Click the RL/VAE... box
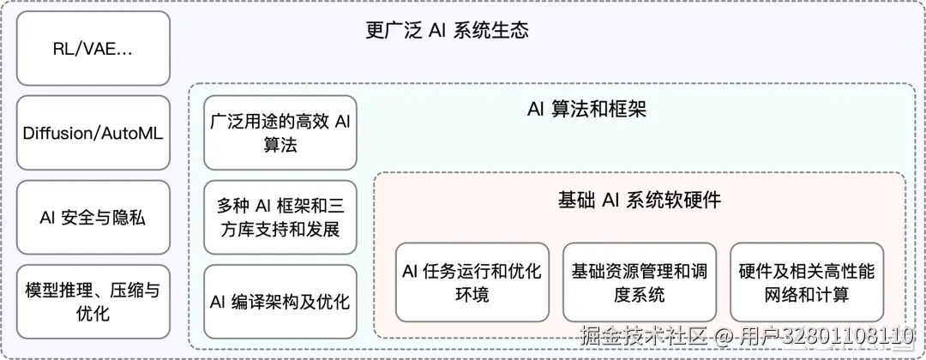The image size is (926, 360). tap(93, 49)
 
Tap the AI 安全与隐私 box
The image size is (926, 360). tap(93, 217)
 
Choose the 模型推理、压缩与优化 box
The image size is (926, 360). tap(93, 302)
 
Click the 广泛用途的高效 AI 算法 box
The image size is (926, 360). tap(280, 133)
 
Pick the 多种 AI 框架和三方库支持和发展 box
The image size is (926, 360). tap(280, 217)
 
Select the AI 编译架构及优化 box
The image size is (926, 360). tap(280, 302)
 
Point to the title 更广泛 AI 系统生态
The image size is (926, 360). tap(447, 32)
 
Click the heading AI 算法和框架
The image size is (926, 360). tap(586, 110)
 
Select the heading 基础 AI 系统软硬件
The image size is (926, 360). tap(639, 201)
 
